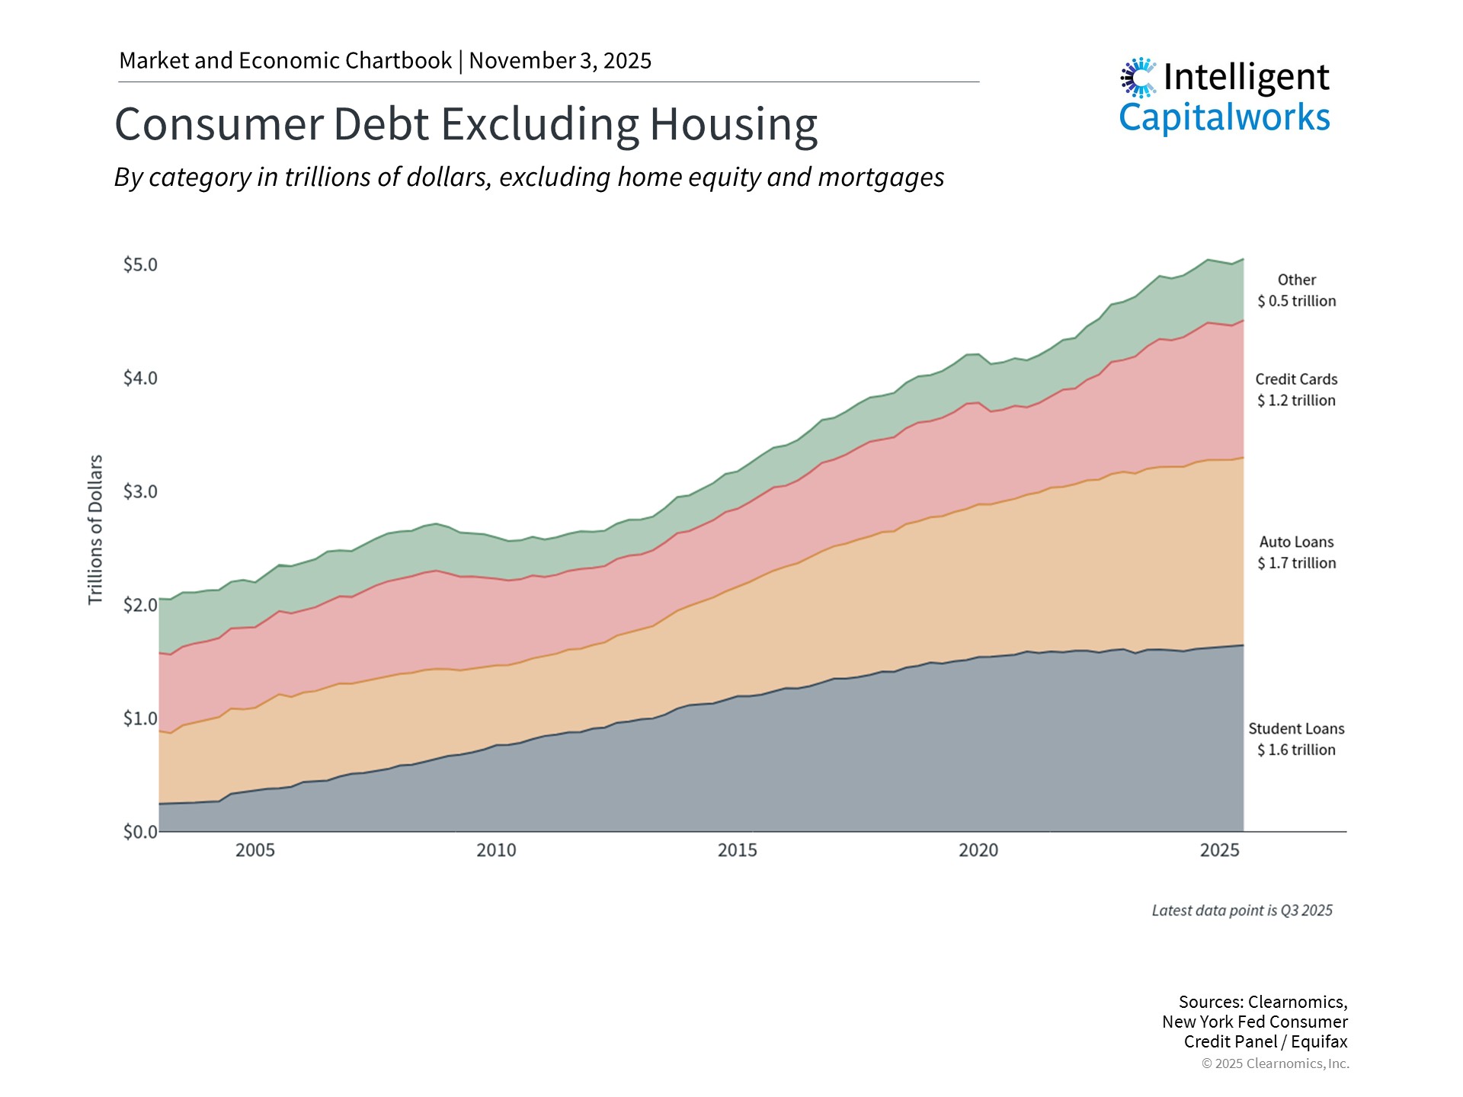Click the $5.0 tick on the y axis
(140, 264)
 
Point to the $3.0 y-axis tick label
(140, 491)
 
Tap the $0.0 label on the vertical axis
(140, 831)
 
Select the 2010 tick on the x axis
(496, 850)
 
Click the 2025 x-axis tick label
(1219, 850)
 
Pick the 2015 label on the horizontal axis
(737, 850)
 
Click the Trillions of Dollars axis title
(95, 529)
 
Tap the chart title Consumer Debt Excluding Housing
(466, 123)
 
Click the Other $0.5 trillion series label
(1296, 290)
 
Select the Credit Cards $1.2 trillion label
(1296, 389)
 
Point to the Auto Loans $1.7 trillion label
(1296, 552)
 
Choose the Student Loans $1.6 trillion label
(1296, 739)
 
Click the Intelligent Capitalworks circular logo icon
(1138, 78)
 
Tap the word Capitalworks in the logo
(1224, 118)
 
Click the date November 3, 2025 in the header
(560, 61)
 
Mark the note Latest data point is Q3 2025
(1241, 910)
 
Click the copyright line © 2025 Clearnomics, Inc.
(1275, 1063)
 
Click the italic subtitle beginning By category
(529, 177)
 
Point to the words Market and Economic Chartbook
(285, 61)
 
